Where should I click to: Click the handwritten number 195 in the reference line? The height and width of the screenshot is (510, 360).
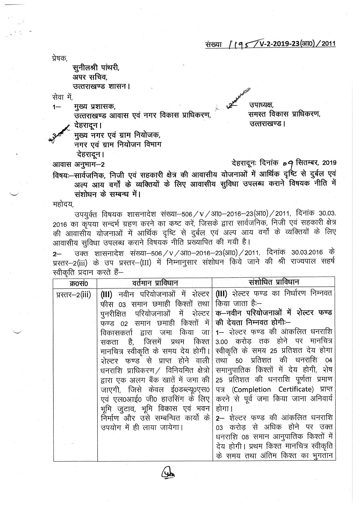coord(240,44)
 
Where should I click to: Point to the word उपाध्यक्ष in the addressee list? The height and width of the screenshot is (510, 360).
coord(261,105)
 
